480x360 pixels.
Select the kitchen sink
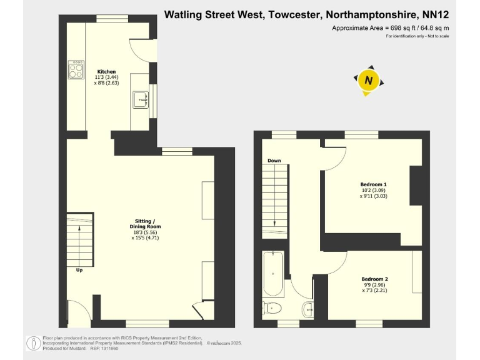139,99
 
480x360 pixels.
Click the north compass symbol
369,81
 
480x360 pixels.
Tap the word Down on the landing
274,161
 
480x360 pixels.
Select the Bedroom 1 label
374,184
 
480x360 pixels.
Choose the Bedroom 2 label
375,279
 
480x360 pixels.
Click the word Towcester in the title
294,14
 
